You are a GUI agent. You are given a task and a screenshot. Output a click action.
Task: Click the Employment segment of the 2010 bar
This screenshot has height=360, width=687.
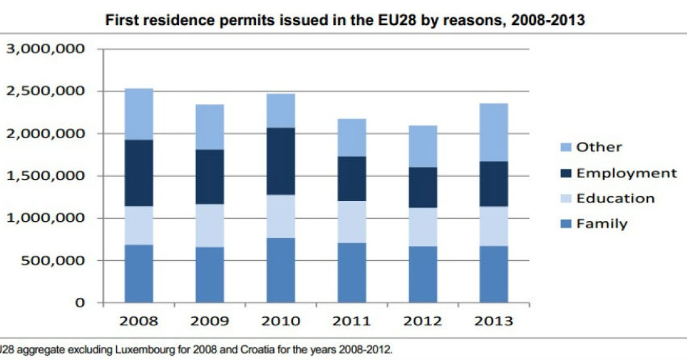click(x=281, y=161)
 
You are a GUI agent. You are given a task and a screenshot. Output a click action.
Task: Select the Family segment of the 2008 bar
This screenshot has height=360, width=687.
click(x=139, y=274)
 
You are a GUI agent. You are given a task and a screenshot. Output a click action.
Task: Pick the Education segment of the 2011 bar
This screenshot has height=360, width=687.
click(x=352, y=222)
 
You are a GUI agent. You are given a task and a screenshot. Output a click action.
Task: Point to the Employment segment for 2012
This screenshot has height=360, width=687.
click(x=423, y=188)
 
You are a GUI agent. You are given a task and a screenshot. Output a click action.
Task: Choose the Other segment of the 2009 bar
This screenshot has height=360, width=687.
click(x=210, y=127)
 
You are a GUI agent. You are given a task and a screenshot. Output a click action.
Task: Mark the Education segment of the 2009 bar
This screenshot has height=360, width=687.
click(x=210, y=225)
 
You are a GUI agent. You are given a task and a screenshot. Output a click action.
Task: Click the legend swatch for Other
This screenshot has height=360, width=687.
click(x=566, y=147)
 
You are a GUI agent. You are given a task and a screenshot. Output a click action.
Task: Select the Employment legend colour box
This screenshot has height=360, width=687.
click(x=566, y=173)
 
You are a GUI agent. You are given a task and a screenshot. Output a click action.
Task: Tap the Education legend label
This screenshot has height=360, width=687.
click(x=615, y=199)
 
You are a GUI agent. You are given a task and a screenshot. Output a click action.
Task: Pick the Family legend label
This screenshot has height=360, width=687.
click(x=602, y=224)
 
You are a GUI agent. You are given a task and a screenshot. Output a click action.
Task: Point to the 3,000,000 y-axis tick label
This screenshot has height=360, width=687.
click(x=45, y=49)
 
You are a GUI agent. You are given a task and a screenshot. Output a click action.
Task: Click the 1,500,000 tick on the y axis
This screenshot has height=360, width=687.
click(x=45, y=176)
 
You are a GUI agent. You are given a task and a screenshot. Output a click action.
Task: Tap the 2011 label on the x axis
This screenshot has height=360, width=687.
click(x=352, y=321)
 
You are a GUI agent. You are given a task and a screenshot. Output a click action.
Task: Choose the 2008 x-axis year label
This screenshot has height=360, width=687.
click(x=139, y=321)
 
